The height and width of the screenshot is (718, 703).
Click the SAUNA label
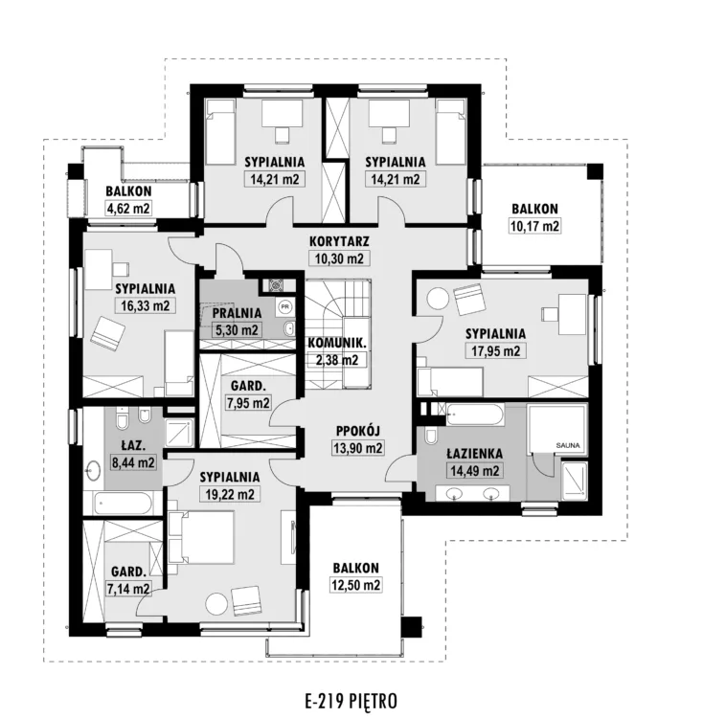[568, 445]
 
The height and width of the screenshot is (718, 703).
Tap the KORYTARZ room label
[339, 241]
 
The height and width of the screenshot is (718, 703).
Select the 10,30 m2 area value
[339, 258]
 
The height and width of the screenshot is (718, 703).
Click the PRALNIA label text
[238, 313]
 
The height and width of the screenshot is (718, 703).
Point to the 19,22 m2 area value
[230, 495]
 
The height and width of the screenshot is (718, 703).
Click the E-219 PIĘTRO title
[351, 701]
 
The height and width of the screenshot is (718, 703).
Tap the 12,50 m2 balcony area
[356, 585]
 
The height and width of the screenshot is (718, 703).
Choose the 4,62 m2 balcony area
[128, 209]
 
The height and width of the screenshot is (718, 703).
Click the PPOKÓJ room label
[358, 431]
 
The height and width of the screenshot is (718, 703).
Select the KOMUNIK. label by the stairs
[336, 343]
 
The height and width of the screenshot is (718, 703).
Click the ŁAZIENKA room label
[475, 454]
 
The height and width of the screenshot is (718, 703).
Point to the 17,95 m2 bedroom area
[496, 351]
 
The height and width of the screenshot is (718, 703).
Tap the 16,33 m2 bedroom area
[146, 306]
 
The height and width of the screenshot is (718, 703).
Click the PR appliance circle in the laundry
[285, 306]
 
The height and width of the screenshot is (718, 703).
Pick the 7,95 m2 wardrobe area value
[248, 403]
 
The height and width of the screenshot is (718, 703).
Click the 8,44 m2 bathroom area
[134, 462]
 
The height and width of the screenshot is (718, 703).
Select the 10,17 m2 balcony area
[534, 226]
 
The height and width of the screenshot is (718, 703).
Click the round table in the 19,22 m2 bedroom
[216, 604]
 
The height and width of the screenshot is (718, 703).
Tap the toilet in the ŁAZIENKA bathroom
[432, 436]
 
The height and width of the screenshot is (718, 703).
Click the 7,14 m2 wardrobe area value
[128, 589]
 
